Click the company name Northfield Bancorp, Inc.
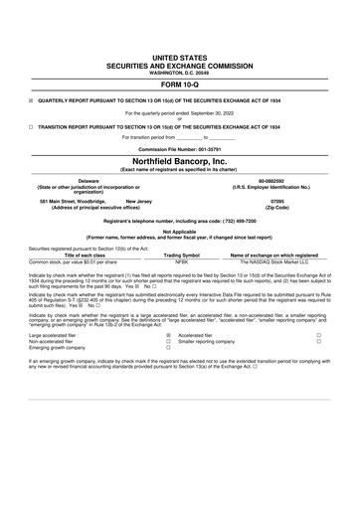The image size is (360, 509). (180, 160)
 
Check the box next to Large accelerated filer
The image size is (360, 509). (168, 336)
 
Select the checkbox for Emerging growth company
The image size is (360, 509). (168, 350)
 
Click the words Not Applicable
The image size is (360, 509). (180, 231)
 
